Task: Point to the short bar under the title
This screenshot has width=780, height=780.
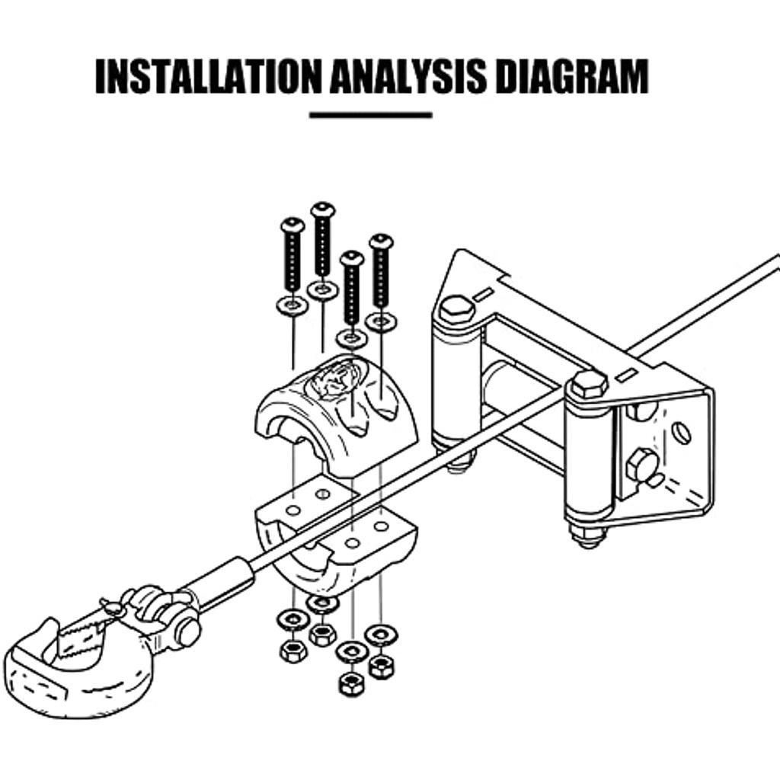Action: (371, 115)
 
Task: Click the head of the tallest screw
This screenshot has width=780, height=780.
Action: (323, 208)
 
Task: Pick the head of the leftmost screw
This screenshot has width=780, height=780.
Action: (292, 225)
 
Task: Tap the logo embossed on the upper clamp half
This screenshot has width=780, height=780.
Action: (336, 379)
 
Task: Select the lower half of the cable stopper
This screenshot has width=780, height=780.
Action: (335, 541)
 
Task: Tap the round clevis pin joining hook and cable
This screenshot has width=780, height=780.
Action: (187, 631)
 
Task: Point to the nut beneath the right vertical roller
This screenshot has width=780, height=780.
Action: (588, 535)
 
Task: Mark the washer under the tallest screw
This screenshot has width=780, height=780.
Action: (322, 289)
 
